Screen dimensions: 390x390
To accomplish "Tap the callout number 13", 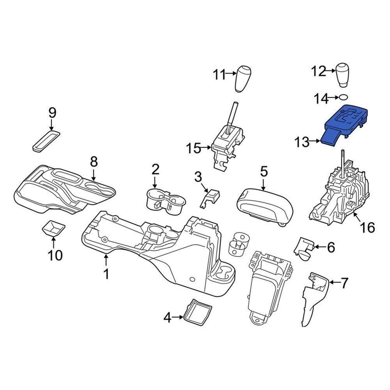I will coord(301,142).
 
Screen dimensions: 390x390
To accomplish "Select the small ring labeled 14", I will coord(343,97).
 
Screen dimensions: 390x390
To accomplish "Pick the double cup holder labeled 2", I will coord(166,200).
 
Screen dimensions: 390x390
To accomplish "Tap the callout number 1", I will coord(106,275).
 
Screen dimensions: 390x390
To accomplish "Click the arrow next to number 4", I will coord(178,317).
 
